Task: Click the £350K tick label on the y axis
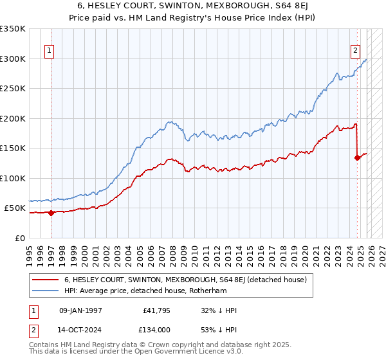click(13, 29)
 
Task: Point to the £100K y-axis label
click(13, 178)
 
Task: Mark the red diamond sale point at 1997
click(51, 213)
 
